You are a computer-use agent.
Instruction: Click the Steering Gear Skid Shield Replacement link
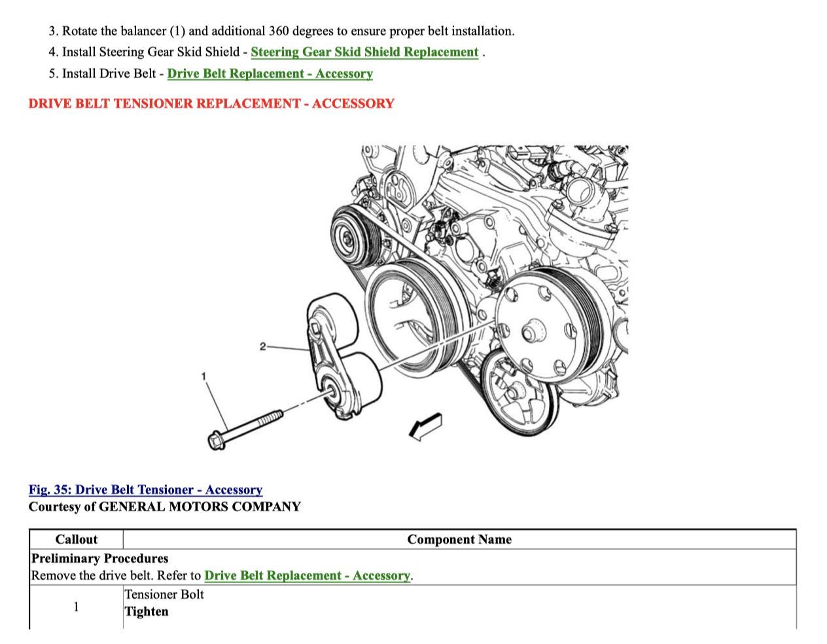[x=364, y=52]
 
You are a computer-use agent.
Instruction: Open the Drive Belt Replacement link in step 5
[x=270, y=73]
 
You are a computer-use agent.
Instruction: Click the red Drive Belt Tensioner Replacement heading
[x=211, y=103]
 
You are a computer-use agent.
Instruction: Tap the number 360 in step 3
[x=279, y=31]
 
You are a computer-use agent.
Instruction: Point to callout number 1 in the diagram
[x=203, y=376]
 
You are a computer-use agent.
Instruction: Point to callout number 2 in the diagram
[x=262, y=347]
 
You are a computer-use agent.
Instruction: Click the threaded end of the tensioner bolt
[x=271, y=418]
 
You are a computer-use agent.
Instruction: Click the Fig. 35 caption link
[x=145, y=490]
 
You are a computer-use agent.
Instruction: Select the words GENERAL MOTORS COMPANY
[x=200, y=507]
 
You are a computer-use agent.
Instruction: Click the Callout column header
[x=76, y=539]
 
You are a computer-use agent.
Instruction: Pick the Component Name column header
[x=459, y=539]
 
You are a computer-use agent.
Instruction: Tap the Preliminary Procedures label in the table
[x=99, y=558]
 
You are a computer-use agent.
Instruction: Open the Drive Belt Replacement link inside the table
[x=307, y=575]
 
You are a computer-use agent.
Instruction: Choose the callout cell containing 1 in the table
[x=76, y=607]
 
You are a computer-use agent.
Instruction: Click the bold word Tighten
[x=147, y=612]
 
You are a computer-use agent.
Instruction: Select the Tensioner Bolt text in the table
[x=164, y=594]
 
